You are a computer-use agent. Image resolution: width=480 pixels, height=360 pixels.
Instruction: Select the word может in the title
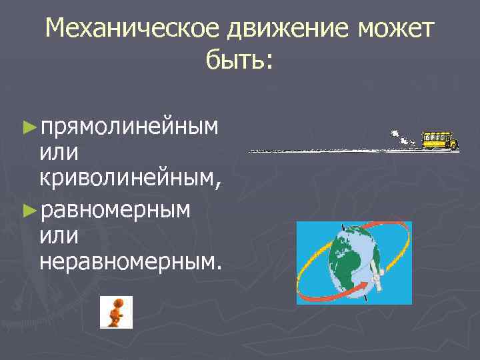coord(396,30)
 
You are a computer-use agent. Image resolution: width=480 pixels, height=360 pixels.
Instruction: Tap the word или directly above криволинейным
coord(59,153)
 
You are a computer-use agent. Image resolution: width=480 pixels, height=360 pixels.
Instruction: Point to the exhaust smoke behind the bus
coord(403,137)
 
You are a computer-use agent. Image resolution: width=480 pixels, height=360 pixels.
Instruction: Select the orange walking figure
coord(116,313)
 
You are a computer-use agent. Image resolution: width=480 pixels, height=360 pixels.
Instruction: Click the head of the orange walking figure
coord(118,303)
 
